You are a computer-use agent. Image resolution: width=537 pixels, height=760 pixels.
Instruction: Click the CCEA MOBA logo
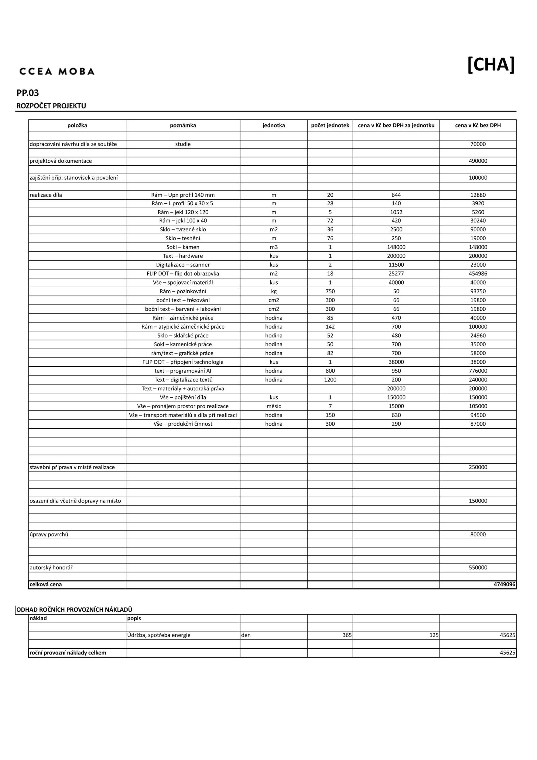(x=57, y=71)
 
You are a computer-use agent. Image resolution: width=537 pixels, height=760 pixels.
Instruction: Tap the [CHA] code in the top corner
(x=491, y=64)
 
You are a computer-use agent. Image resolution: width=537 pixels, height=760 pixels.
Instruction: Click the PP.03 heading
(x=28, y=93)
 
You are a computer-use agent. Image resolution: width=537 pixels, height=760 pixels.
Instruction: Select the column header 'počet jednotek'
(x=330, y=126)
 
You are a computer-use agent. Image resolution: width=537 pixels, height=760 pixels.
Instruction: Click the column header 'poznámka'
(x=183, y=126)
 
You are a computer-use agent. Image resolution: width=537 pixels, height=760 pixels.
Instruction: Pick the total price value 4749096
(x=504, y=584)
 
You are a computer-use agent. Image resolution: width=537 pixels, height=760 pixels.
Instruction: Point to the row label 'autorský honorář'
(x=51, y=567)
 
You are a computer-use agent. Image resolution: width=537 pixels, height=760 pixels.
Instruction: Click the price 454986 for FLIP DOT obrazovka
(x=478, y=274)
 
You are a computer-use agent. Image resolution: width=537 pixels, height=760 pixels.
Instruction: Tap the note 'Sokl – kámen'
(x=183, y=247)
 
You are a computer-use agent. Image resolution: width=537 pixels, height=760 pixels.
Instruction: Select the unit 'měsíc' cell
(x=273, y=406)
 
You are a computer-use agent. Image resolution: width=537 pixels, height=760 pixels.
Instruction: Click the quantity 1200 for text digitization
(x=330, y=380)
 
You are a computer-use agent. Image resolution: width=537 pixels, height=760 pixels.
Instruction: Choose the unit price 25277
(x=396, y=274)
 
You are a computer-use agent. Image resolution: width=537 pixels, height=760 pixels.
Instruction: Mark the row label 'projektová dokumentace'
(x=61, y=161)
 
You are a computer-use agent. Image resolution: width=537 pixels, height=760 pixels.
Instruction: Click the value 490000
(x=478, y=161)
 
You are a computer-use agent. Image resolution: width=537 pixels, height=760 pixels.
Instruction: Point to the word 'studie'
(x=183, y=144)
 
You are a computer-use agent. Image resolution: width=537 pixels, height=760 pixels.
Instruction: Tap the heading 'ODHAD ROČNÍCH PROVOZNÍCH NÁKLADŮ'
(x=74, y=610)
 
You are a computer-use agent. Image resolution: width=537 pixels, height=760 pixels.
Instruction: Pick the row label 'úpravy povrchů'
(x=49, y=534)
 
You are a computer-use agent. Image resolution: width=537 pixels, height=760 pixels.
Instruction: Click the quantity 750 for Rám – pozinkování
(x=330, y=291)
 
